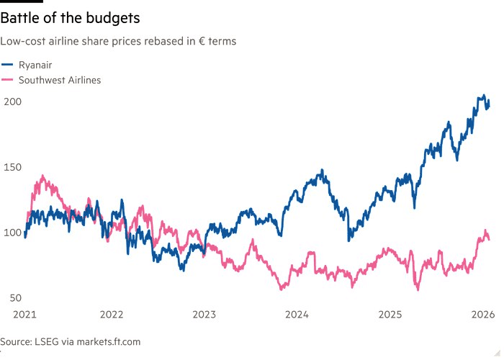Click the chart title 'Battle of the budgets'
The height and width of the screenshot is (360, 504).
coord(70,16)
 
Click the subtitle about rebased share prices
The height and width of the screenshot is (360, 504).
coord(119,41)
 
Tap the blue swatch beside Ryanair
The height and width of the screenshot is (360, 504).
coord(7,65)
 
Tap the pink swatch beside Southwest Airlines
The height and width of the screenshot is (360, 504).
coord(7,80)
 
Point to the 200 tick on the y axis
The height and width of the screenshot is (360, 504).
coord(14,102)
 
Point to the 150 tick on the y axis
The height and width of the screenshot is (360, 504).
coord(14,167)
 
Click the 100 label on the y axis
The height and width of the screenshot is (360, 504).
coord(14,233)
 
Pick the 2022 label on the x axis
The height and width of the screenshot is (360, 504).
coord(112,315)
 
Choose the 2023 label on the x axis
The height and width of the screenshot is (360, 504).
coord(204,315)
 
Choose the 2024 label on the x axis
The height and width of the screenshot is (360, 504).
coord(297,315)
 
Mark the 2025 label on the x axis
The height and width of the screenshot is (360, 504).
coord(390,315)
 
